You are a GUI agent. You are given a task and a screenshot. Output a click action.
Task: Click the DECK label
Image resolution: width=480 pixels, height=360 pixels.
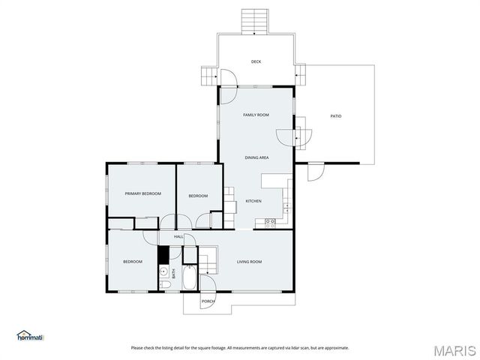point(256,61)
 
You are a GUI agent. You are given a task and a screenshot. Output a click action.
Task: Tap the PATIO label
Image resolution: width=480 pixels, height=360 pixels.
point(336,115)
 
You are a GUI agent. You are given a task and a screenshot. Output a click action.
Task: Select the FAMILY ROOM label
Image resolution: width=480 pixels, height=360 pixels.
point(256,115)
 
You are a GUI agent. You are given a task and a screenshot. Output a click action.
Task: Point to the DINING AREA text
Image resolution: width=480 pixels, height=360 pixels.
point(256,157)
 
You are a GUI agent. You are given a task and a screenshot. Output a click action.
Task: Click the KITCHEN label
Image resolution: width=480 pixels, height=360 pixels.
point(253,201)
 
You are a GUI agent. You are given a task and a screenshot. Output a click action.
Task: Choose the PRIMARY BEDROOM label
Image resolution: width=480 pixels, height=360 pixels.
point(142,193)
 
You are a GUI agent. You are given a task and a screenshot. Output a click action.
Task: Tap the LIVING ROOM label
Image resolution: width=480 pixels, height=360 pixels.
point(249,261)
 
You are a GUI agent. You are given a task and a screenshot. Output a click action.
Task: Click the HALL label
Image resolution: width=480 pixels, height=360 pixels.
point(178,236)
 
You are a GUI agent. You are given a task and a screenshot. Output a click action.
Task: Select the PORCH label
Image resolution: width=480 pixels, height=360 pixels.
point(208,301)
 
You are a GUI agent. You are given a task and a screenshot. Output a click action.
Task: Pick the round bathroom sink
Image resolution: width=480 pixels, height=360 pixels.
point(163,272)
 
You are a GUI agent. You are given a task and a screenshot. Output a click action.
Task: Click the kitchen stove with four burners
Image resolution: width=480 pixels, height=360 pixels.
point(271,221)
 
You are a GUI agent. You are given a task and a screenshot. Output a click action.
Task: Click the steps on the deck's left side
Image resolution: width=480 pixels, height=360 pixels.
point(208,75)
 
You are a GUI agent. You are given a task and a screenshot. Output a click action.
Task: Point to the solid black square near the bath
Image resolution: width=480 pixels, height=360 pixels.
point(163,253)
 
